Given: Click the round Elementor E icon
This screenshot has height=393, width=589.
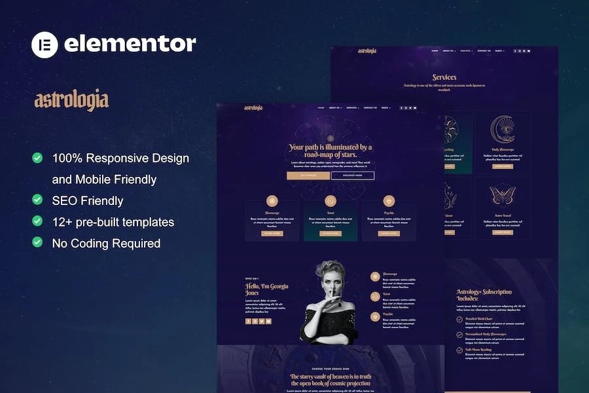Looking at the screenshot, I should [45, 45].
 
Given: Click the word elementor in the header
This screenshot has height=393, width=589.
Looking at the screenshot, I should [130, 44].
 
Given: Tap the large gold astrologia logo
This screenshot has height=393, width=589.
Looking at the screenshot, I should [71, 100].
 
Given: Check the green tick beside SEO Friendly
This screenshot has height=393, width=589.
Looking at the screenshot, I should [38, 200].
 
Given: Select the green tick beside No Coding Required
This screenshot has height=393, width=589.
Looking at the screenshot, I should [38, 242].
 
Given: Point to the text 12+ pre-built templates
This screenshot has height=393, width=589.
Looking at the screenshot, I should [113, 221].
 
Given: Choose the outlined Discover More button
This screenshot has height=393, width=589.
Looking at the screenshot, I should [353, 176].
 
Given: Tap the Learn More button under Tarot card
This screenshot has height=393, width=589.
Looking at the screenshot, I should [330, 233].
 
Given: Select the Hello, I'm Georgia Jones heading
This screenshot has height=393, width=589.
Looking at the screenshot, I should [266, 290].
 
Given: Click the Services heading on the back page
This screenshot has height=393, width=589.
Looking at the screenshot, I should [444, 77].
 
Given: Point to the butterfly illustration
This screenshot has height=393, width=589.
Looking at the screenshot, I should [503, 195].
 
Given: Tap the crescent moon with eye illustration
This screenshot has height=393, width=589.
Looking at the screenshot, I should [503, 130].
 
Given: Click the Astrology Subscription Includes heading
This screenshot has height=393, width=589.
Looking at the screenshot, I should [484, 295].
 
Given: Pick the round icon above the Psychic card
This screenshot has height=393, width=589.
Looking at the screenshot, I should [388, 201].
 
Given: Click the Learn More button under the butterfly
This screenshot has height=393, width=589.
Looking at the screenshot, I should [503, 232].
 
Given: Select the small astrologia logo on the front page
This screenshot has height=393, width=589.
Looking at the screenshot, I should [253, 108].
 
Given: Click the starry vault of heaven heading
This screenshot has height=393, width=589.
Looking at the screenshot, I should [330, 380].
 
